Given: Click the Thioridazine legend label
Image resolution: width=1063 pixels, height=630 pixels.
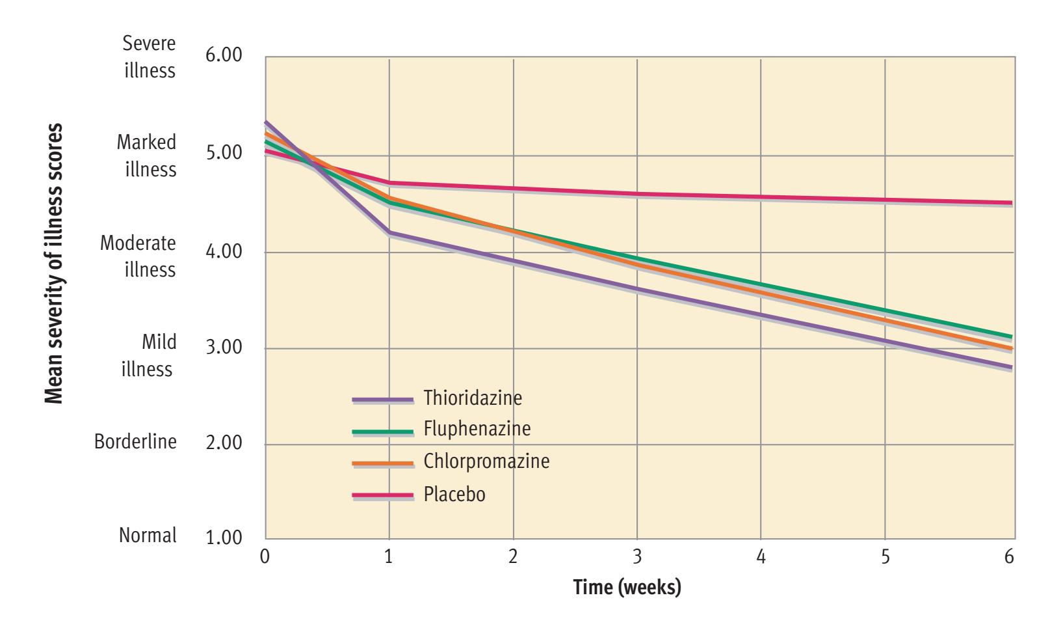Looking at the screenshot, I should [x=473, y=398].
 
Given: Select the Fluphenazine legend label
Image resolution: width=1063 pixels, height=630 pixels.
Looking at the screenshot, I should [x=477, y=429].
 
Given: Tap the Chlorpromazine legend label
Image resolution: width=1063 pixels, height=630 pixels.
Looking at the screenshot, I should [x=486, y=461].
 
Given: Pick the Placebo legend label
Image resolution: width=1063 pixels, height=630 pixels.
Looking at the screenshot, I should [x=454, y=495].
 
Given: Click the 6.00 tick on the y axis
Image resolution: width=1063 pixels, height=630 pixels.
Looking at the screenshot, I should [x=224, y=55].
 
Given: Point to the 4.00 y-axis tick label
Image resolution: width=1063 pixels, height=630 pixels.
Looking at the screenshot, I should [x=224, y=252].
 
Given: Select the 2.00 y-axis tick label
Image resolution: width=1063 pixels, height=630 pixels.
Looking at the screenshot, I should [x=224, y=443].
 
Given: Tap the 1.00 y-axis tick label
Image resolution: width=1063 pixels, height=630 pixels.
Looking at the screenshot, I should [x=224, y=539].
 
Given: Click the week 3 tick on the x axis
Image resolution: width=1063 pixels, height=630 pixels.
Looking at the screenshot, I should [x=637, y=557].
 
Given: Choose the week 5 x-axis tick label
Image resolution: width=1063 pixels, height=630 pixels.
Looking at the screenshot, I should [x=885, y=557].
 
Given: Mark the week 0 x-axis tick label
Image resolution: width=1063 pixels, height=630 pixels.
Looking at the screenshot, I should [x=265, y=557].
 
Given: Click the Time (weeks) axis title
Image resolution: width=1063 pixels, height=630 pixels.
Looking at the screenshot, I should [x=627, y=588].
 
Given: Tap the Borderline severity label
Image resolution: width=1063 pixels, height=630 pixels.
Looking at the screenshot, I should [x=135, y=442].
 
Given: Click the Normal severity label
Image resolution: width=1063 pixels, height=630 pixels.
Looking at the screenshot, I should [x=148, y=536].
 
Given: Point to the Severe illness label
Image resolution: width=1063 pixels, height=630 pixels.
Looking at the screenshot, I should [x=150, y=57].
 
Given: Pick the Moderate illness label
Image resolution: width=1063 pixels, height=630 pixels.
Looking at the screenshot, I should [x=138, y=256].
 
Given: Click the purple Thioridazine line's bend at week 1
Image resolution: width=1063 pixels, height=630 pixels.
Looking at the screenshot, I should [x=389, y=232].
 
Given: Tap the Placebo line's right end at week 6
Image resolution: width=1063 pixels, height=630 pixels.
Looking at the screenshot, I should [x=1012, y=203].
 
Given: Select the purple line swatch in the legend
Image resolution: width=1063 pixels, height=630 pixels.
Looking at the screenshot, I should [x=382, y=400].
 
